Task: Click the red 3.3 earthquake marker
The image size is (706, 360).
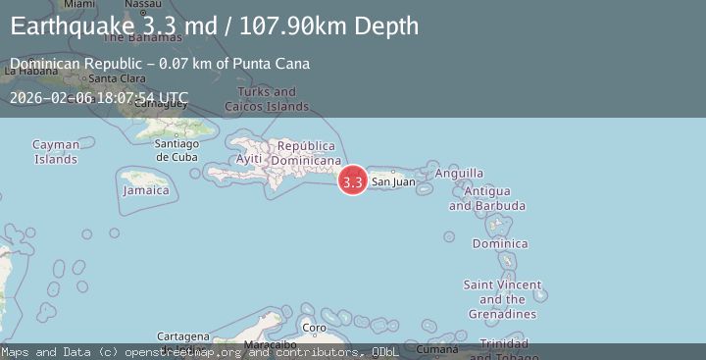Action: point(353,180)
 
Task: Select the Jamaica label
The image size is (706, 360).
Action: point(145,190)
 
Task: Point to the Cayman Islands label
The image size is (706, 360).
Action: point(56,151)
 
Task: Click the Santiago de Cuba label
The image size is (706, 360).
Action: point(176,150)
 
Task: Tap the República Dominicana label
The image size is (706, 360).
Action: point(306,153)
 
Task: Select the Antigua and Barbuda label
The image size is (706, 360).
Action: point(487,198)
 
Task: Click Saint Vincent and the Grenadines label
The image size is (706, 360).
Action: point(502,299)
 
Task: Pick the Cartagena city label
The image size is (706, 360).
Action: point(183,335)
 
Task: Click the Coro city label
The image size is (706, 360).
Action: point(313,328)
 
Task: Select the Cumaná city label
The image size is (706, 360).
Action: point(437,348)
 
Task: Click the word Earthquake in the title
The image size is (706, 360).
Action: point(66,26)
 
